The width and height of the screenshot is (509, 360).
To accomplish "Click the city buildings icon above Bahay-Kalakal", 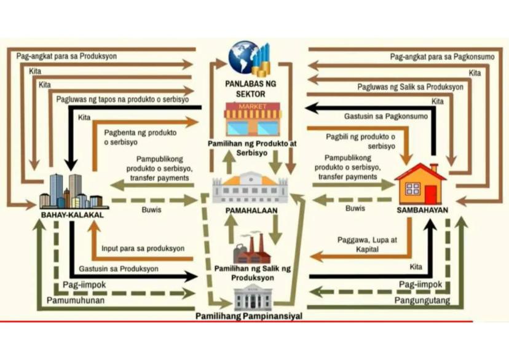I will [70, 191].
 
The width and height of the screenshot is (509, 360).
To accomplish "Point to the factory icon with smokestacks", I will [252, 248].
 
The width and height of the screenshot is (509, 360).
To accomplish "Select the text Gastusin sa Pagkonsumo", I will [384, 116].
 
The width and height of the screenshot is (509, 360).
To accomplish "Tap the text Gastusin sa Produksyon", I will [119, 269].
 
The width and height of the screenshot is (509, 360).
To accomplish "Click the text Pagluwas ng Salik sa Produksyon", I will [411, 87].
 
